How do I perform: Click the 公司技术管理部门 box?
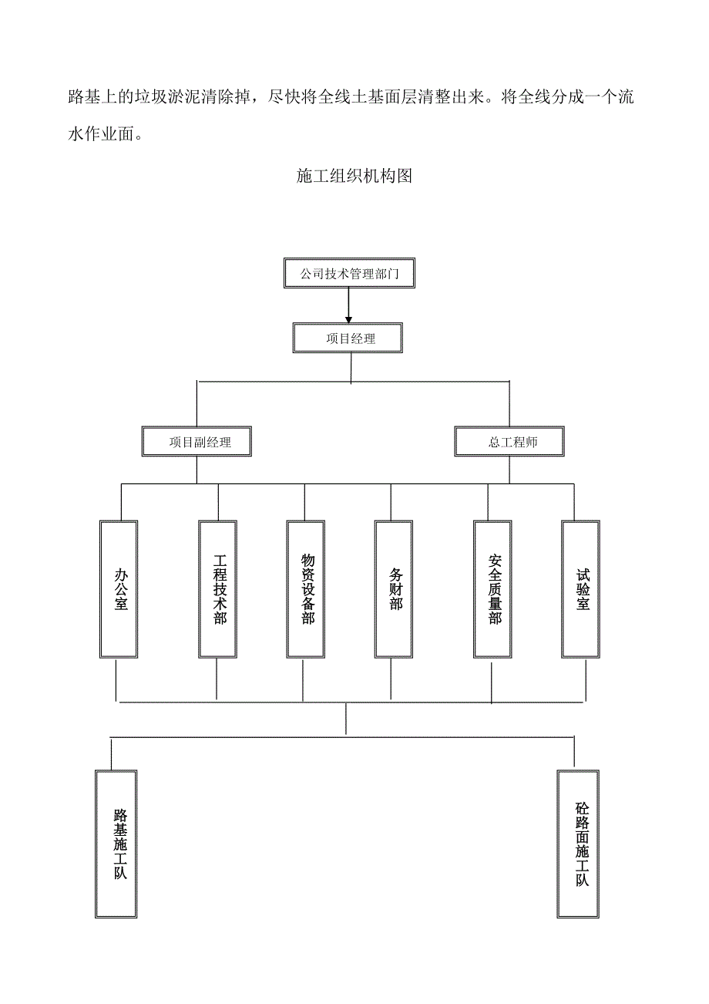[349, 273]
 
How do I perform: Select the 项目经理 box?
[349, 338]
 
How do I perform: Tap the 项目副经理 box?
[199, 442]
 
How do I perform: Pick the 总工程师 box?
[509, 442]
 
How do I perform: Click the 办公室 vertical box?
[119, 589]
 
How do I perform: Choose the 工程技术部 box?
[218, 589]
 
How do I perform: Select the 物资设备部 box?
[306, 589]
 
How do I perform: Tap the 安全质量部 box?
[492, 589]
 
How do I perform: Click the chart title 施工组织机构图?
[354, 177]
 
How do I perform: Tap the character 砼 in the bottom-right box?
[581, 810]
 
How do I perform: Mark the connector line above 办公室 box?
[121, 502]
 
